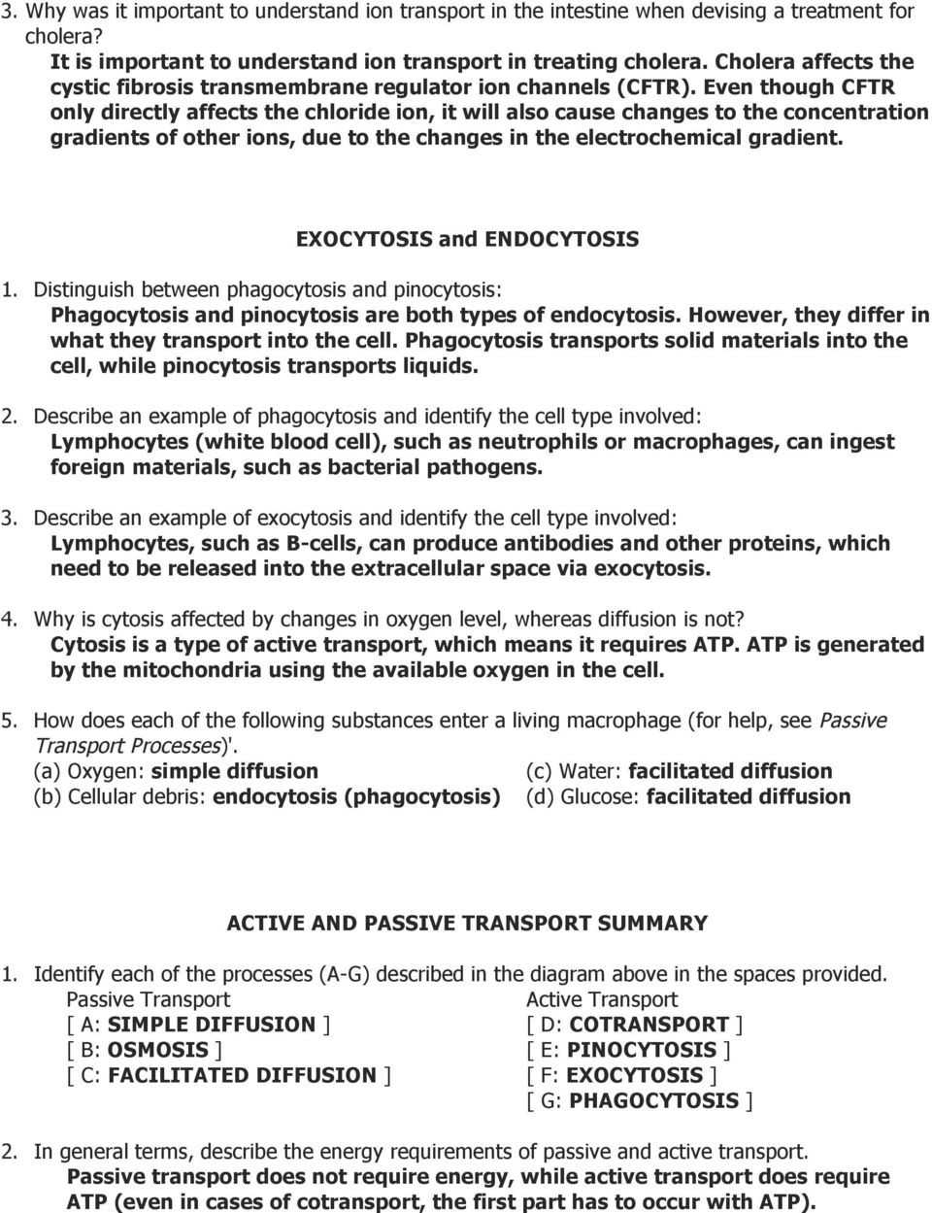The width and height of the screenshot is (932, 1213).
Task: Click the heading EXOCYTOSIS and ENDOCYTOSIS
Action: tap(467, 239)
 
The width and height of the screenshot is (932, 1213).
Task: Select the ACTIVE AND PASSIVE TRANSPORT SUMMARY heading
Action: tap(467, 924)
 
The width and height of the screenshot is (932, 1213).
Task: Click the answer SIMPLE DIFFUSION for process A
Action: tap(212, 1025)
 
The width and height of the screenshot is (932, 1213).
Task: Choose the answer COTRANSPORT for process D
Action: tap(649, 1025)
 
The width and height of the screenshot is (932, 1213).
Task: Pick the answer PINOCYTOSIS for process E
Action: tap(642, 1050)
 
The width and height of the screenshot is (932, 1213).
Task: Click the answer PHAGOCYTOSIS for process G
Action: tap(654, 1100)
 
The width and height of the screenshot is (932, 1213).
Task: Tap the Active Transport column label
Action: tap(602, 999)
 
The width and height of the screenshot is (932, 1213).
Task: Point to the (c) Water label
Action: tap(574, 771)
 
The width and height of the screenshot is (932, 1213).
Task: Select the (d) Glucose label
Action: tap(582, 796)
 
